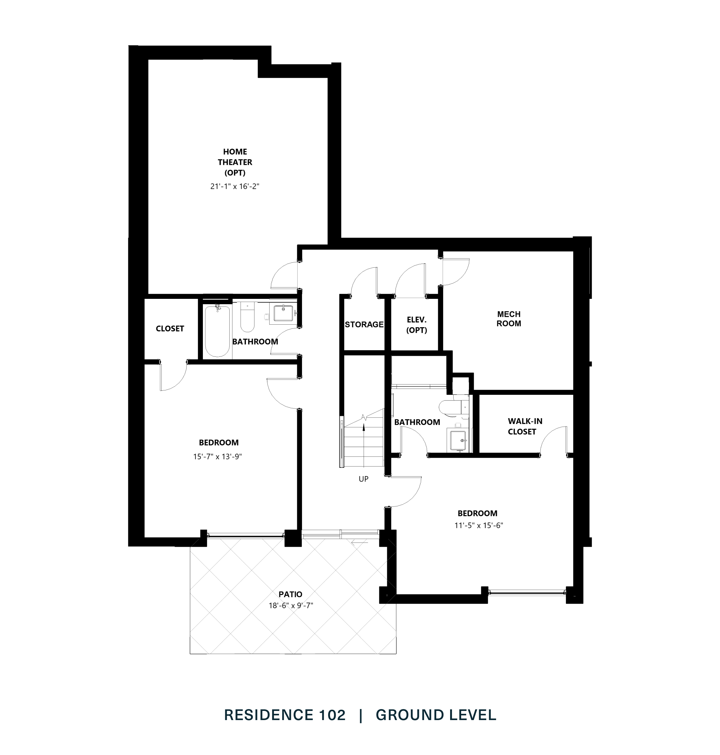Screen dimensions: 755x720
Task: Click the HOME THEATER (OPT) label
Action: [235, 162]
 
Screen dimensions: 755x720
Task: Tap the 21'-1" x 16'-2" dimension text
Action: [235, 187]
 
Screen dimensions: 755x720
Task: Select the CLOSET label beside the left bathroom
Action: [170, 328]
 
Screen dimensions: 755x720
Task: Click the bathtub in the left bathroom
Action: [217, 331]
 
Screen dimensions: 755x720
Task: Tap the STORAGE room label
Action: [364, 324]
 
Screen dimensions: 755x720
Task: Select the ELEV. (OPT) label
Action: [416, 325]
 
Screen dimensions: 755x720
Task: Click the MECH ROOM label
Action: [509, 319]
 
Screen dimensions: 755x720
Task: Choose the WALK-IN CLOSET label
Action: [525, 426]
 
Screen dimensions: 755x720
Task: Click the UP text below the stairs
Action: [363, 479]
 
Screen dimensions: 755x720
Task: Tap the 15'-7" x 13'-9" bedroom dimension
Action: [217, 456]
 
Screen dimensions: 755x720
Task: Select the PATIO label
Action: [290, 594]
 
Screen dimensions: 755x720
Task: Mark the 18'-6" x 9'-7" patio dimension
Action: [291, 606]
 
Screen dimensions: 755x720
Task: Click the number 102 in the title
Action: [332, 715]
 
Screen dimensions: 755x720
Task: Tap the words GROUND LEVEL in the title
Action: [436, 715]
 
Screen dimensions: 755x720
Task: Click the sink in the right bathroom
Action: [458, 440]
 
